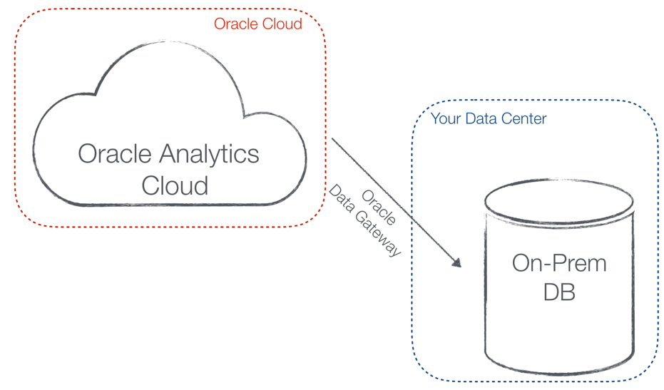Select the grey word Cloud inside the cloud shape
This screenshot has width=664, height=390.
coord(174,185)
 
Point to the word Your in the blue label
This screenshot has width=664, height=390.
coord(445,118)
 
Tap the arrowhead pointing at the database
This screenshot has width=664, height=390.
coord(456,263)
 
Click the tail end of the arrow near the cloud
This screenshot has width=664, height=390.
coord(333,139)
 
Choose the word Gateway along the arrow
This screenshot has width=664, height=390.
coord(377,233)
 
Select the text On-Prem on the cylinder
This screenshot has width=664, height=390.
coord(558,263)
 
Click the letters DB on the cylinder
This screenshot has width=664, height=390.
coord(558,292)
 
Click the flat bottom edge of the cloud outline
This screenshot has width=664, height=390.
coord(171,206)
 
